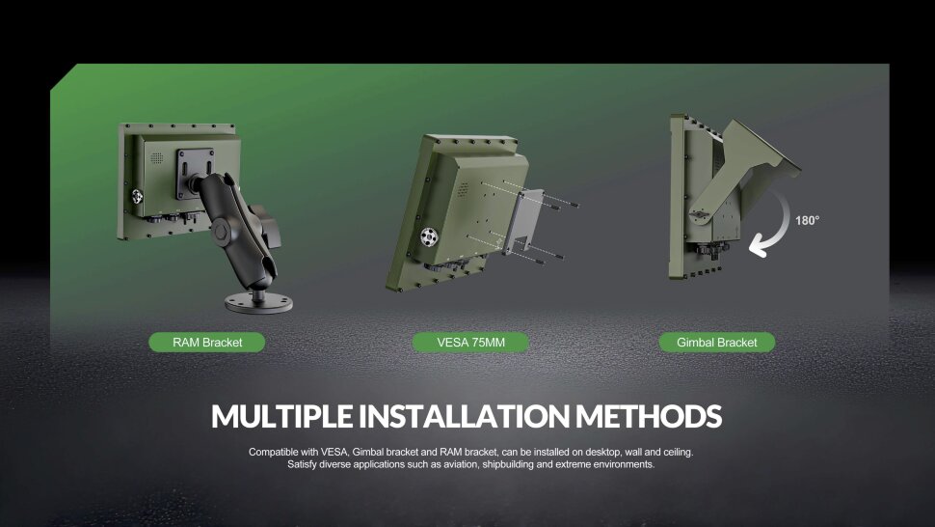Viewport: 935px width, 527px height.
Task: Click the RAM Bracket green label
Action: [207, 342]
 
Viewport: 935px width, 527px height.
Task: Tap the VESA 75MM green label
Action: [470, 342]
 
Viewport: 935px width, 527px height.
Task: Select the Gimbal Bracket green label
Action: [717, 342]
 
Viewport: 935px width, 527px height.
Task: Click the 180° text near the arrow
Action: [808, 220]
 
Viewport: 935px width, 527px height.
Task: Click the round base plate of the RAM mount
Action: [258, 303]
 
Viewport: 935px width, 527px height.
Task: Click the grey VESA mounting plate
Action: [522, 221]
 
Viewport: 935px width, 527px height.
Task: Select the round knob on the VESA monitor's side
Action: [429, 236]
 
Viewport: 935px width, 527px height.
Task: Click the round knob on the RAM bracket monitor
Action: [137, 196]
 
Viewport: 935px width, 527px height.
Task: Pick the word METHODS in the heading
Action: [649, 416]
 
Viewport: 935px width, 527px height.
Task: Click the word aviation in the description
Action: [462, 464]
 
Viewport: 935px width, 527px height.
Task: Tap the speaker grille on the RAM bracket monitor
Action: [157, 157]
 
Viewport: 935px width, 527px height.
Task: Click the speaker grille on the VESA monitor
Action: [463, 190]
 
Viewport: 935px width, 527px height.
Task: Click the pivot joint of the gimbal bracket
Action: [700, 213]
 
